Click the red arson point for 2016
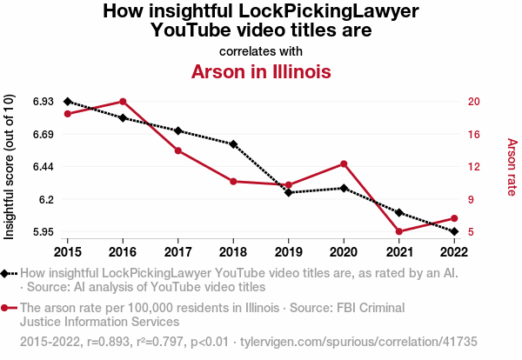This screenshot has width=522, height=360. point(123,102)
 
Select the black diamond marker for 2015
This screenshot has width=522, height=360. point(67,102)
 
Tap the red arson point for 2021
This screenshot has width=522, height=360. point(399,231)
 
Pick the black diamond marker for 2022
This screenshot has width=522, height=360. point(454,231)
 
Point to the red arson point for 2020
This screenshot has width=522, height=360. point(344,163)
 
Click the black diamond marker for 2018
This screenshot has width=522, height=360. point(233,143)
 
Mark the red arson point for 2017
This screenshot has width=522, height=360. point(177,150)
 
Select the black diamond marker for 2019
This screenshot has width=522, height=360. point(289,192)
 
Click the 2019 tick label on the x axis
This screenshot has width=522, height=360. point(289,251)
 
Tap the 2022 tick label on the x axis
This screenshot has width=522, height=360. point(454,251)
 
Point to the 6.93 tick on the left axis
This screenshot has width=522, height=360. point(41,102)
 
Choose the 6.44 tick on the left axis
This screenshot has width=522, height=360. point(41,166)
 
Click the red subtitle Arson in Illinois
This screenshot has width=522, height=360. point(260,71)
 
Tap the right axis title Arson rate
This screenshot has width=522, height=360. point(512,167)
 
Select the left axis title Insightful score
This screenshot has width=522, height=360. point(10,166)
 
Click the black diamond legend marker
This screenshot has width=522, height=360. point(6,274)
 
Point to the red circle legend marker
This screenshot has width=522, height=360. point(6,308)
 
